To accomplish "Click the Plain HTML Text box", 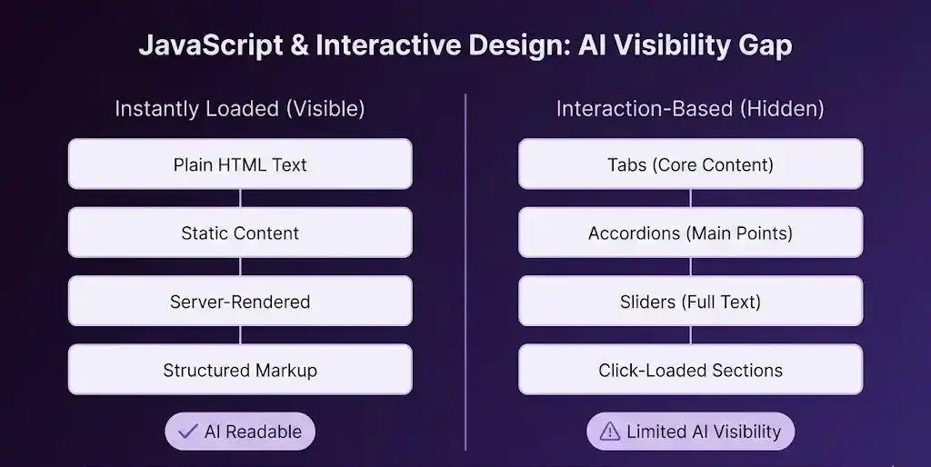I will pyautogui.click(x=240, y=164).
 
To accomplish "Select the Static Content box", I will pyautogui.click(x=240, y=233).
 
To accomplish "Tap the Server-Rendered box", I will pyautogui.click(x=240, y=302).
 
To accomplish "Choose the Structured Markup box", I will pyautogui.click(x=240, y=370).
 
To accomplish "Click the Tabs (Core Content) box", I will pyautogui.click(x=690, y=164).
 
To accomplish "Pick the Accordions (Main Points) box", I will pyautogui.click(x=690, y=233).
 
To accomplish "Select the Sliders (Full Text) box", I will pyautogui.click(x=690, y=302).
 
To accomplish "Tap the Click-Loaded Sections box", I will pyautogui.click(x=690, y=370).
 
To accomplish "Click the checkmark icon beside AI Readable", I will pyautogui.click(x=187, y=432).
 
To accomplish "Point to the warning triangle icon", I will pyautogui.click(x=609, y=432).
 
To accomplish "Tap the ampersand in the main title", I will pyautogui.click(x=298, y=45).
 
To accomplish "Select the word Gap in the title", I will pyautogui.click(x=765, y=45).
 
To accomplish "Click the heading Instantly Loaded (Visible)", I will pyautogui.click(x=240, y=109).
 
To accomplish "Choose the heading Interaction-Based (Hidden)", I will pyautogui.click(x=690, y=109).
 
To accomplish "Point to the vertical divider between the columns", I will pyautogui.click(x=465, y=273).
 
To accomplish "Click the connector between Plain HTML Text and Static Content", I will pyautogui.click(x=240, y=198).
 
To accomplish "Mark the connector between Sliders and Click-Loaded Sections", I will pyautogui.click(x=690, y=335).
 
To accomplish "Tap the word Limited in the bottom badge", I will pyautogui.click(x=656, y=432).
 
